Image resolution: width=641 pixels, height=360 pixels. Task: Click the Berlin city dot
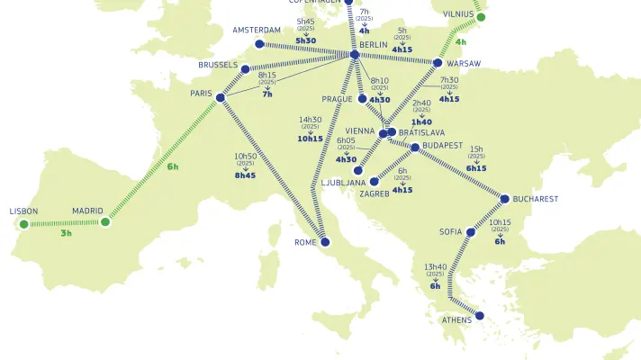(355, 55)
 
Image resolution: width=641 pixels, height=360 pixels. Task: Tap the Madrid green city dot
(105, 221)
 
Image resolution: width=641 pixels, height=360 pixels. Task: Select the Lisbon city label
(23, 211)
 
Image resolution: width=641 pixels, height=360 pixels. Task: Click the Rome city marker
(326, 242)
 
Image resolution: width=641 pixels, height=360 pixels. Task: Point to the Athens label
(456, 320)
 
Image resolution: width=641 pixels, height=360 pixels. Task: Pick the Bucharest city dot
(505, 199)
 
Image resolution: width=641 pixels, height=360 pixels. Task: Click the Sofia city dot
(471, 232)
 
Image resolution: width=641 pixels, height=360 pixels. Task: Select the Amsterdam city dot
(260, 43)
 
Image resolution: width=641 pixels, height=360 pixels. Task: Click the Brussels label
(218, 66)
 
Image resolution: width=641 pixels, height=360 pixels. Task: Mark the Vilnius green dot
(481, 17)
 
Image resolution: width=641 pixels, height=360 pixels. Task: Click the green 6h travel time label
(173, 166)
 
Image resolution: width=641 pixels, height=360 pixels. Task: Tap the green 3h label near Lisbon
(66, 233)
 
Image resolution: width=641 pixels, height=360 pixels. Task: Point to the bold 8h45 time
(245, 175)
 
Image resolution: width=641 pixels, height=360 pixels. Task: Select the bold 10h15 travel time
(311, 139)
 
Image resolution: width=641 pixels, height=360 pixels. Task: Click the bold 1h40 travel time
(421, 121)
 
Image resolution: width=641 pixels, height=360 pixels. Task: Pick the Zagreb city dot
(374, 181)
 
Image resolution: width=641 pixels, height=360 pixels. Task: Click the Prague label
(337, 99)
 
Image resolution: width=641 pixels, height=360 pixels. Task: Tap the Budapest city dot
(415, 147)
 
